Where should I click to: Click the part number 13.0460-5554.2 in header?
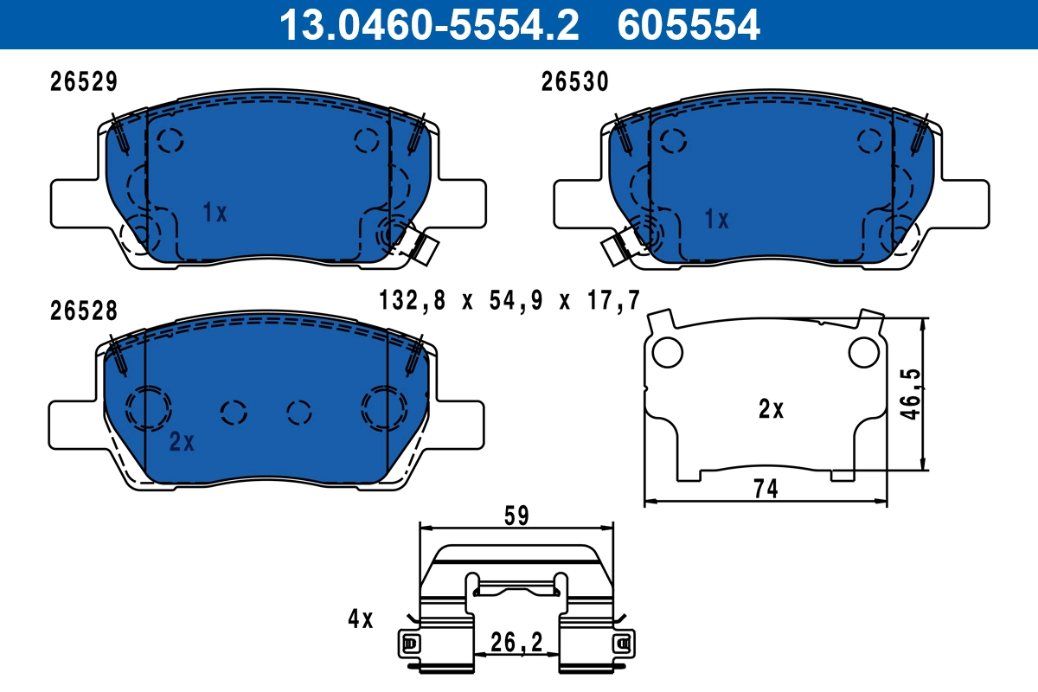click(427, 24)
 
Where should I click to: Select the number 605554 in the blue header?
click(689, 24)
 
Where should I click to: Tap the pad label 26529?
click(83, 81)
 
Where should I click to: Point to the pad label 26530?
click(575, 81)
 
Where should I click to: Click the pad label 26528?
click(83, 311)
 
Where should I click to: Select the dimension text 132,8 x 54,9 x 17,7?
click(509, 301)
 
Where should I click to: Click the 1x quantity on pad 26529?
click(215, 212)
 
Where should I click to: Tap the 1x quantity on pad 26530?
click(716, 220)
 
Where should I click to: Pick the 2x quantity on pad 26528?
click(182, 443)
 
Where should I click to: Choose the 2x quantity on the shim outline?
click(770, 409)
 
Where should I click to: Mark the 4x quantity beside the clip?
click(360, 619)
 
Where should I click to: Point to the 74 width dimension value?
click(766, 490)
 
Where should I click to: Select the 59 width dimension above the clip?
click(516, 516)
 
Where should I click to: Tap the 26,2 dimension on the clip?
click(516, 642)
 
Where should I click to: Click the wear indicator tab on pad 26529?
click(425, 247)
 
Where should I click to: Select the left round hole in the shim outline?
click(666, 351)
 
